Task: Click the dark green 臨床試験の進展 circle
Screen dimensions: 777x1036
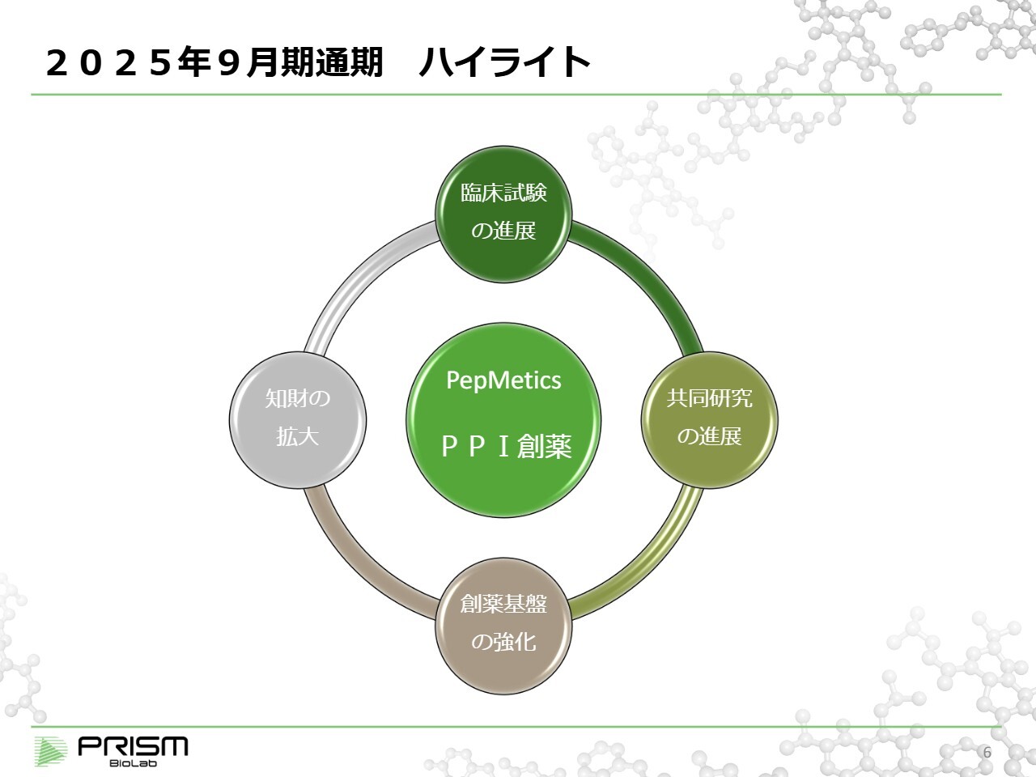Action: (x=503, y=212)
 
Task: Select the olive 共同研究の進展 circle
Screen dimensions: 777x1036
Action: (x=709, y=418)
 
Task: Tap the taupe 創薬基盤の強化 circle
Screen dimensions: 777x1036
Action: (x=503, y=624)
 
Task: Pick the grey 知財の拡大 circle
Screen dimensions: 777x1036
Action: (x=298, y=418)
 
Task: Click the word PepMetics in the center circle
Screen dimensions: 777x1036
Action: (x=503, y=380)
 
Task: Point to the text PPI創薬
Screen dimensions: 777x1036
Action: (x=507, y=446)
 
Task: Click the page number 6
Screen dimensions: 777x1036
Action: (x=987, y=752)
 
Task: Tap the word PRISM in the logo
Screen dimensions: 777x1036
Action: (x=134, y=745)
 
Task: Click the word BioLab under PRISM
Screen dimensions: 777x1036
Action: (x=133, y=762)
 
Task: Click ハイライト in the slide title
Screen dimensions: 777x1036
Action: (x=503, y=63)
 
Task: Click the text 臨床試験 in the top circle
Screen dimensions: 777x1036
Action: (x=503, y=193)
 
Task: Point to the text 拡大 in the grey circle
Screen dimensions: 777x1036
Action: (x=298, y=437)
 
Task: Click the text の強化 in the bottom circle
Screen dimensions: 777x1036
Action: (x=503, y=643)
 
